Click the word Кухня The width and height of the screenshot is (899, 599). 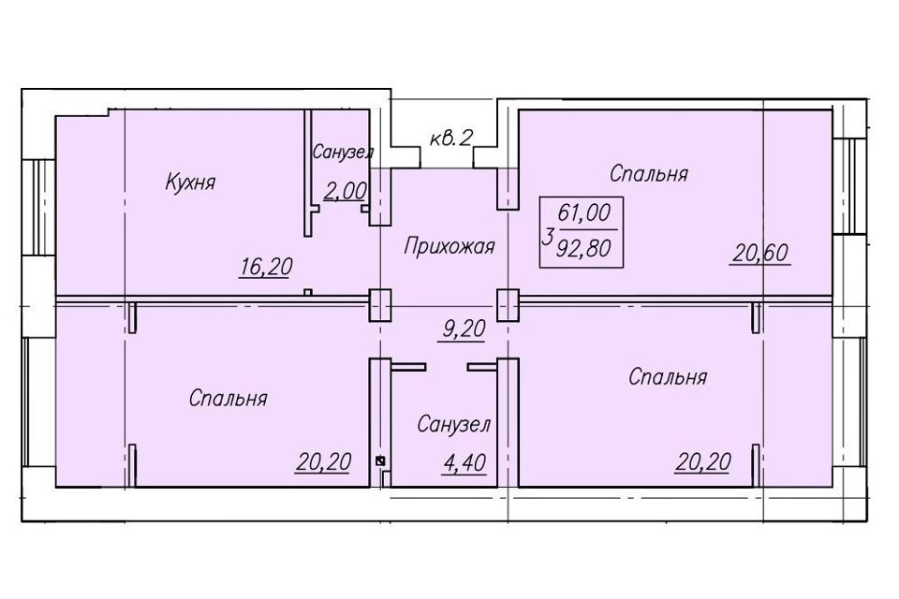(x=190, y=182)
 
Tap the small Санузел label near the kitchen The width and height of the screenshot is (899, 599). (x=343, y=153)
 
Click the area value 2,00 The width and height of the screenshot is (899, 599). (x=345, y=192)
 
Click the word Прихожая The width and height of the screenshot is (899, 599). (x=449, y=247)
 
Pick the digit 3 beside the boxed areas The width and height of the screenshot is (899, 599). (x=547, y=235)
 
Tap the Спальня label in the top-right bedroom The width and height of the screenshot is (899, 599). (x=649, y=174)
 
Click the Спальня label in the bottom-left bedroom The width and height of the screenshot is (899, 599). (x=228, y=399)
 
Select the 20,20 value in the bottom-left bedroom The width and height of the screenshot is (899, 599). (x=325, y=460)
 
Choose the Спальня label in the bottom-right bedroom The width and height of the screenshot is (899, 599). (x=668, y=377)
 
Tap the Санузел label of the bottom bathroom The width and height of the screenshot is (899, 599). (x=453, y=425)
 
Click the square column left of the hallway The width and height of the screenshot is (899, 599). (x=379, y=305)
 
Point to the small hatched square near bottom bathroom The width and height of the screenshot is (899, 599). (x=380, y=460)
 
